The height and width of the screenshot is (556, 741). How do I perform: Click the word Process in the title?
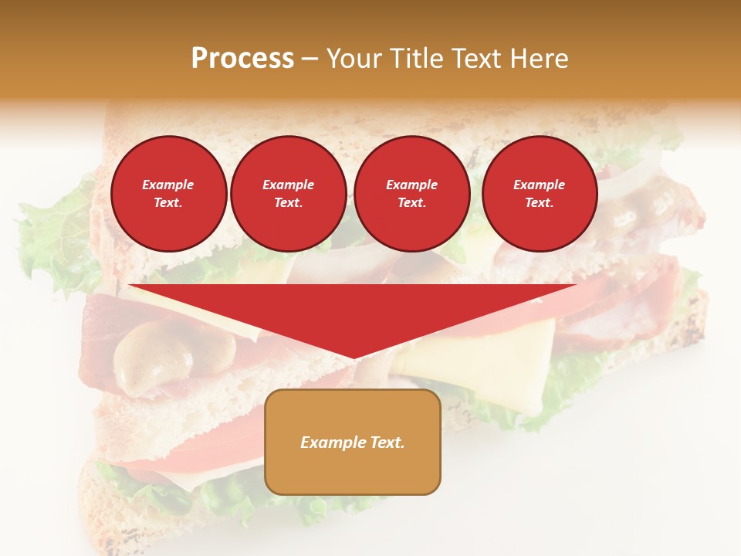click(242, 59)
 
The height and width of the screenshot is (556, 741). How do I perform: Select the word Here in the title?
click(540, 59)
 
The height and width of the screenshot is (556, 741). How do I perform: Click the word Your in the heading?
click(354, 59)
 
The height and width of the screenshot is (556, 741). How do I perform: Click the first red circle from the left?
click(169, 194)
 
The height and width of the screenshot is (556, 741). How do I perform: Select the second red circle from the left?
click(288, 194)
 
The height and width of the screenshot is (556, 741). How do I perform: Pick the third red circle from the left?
click(411, 194)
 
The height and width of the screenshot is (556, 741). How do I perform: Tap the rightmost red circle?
click(540, 194)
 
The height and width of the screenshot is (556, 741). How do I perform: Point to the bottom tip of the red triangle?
click(353, 358)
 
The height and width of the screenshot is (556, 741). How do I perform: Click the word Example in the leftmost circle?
click(168, 185)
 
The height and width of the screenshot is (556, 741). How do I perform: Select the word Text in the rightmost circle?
click(539, 203)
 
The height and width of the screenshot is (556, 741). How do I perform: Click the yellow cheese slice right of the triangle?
click(494, 363)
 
